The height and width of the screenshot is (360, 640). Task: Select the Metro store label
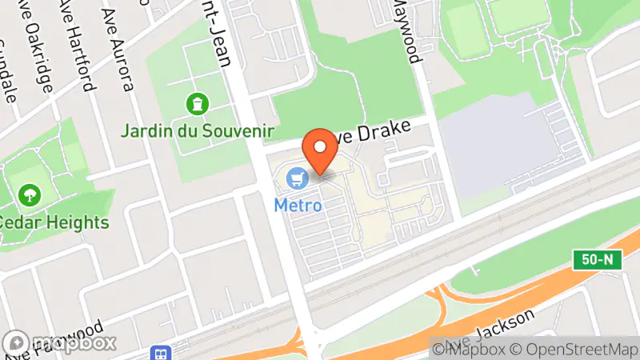pyautogui.click(x=298, y=205)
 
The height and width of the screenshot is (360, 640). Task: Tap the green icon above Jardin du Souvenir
pyautogui.click(x=195, y=103)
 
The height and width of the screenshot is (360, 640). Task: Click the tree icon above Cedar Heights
pyautogui.click(x=30, y=194)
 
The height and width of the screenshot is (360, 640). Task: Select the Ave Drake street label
pyautogui.click(x=373, y=131)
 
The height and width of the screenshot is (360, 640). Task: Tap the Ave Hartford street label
pyautogui.click(x=82, y=48)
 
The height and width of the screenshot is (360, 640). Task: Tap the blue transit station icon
pyautogui.click(x=162, y=353)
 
